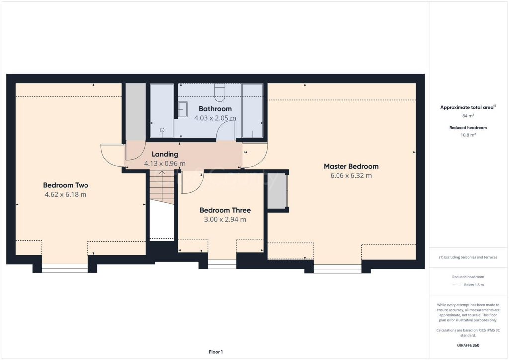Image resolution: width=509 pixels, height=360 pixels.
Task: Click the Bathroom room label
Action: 215,109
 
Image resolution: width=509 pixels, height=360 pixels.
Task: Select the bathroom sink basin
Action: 183,109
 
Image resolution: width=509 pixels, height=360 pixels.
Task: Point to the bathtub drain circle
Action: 162,130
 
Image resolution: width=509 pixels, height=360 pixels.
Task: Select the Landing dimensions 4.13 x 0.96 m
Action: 165,163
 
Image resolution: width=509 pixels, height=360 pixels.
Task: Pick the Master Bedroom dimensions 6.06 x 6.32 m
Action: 351,175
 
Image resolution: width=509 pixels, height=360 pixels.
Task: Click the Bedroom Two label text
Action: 66,185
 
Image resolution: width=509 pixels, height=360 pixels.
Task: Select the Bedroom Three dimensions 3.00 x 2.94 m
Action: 225,219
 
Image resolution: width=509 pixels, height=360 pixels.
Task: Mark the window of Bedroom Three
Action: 222,264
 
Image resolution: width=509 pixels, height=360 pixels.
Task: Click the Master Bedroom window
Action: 337,269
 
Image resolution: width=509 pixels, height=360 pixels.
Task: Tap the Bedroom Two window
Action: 65,268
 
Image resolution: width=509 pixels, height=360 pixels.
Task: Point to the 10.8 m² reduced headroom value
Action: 468,135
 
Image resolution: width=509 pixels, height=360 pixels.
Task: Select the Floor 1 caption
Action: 215,352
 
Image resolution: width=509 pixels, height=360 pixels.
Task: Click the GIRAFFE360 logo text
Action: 468,345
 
